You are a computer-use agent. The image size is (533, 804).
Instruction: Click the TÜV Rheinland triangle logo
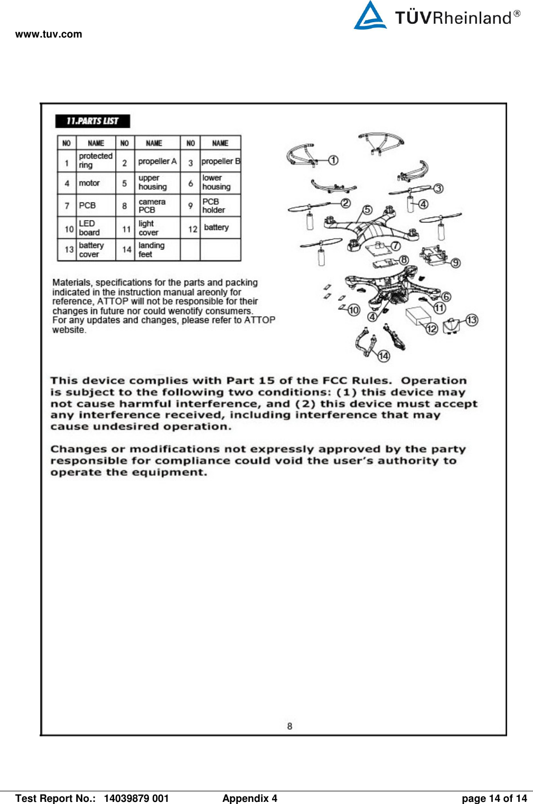[370, 16]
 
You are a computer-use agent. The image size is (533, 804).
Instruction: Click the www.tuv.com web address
[49, 34]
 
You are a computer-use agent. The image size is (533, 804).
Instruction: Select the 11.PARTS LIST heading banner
[92, 121]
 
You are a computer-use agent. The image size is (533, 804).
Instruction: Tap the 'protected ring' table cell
[96, 161]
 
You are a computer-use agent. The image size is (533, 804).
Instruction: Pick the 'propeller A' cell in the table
[157, 161]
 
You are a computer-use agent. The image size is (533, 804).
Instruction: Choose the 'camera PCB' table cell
[152, 206]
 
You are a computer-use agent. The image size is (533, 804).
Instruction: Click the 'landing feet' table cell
[152, 250]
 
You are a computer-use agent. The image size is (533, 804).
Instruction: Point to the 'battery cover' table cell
[91, 250]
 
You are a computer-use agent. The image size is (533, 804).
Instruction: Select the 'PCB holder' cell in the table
[213, 206]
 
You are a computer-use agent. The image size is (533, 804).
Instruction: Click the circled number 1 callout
[333, 160]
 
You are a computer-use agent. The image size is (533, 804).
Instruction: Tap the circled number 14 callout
[384, 356]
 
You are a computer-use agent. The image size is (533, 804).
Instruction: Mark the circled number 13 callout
[472, 320]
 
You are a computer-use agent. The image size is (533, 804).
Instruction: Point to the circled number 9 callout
[455, 263]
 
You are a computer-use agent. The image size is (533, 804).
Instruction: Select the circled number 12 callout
[432, 329]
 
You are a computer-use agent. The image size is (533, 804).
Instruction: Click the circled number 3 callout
[438, 188]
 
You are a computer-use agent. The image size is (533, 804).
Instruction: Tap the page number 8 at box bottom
[289, 726]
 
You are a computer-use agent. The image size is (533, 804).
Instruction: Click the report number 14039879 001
[136, 798]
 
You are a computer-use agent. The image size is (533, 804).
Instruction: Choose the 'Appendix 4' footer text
[249, 798]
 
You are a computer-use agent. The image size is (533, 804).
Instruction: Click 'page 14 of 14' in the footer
[494, 798]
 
